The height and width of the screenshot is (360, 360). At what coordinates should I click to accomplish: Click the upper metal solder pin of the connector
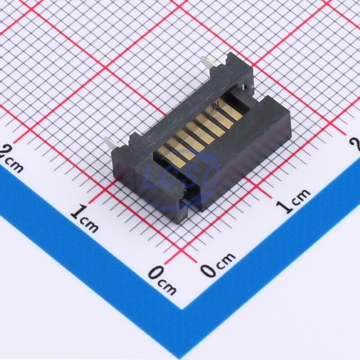click(x=208, y=64)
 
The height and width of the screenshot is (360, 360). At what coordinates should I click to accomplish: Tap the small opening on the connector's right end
click(x=243, y=88)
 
